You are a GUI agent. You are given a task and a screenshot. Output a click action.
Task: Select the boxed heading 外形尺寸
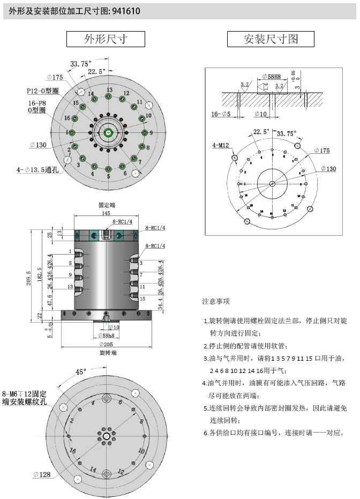coord(106,39)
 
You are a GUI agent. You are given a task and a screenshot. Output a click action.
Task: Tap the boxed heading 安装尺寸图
coord(271,39)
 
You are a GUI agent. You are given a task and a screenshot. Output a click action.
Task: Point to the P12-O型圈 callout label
coord(43,91)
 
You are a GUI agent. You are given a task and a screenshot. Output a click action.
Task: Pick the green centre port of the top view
coord(109,132)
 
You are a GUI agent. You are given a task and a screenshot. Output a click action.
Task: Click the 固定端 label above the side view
coord(108,205)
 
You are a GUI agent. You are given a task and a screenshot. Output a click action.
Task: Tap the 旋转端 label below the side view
coord(108,353)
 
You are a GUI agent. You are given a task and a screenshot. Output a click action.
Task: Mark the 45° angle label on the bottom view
coord(81,371)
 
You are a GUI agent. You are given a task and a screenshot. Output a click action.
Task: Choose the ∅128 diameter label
coord(41,474)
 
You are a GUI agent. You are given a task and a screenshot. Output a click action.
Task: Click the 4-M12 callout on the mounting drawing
coord(221,145)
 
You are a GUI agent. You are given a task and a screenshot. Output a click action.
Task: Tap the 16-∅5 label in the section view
coord(221,114)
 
